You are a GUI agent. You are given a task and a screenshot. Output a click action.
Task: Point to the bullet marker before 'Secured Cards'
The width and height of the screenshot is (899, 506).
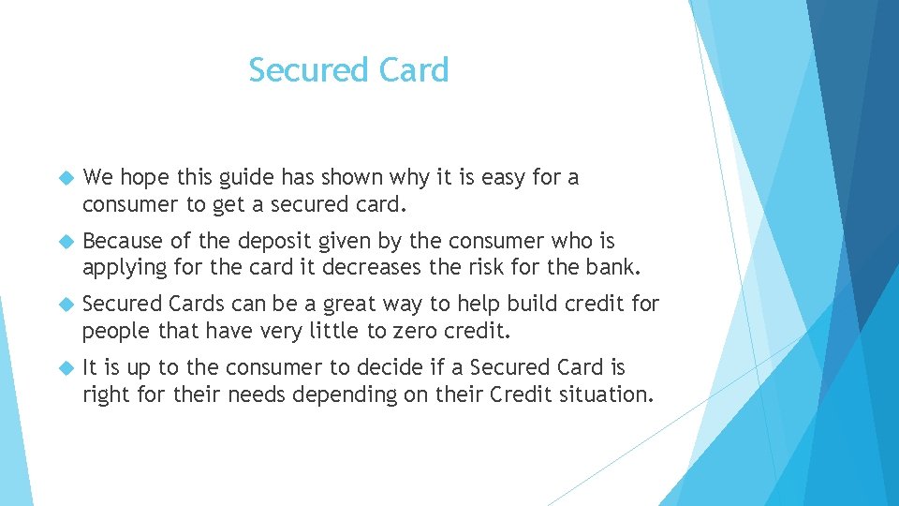pos(66,305)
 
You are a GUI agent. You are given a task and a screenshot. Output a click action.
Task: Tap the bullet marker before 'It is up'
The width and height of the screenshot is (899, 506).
pos(66,368)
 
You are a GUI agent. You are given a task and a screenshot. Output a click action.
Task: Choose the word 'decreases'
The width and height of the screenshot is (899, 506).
pos(372,268)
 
